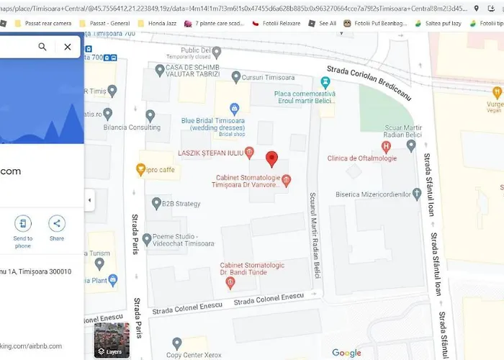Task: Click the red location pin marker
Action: pos(271,158)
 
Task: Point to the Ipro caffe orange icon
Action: pos(141,170)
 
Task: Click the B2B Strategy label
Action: pos(181,204)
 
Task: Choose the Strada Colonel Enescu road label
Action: pos(269,298)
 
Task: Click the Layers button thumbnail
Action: pos(112,340)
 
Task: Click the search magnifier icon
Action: pos(42,47)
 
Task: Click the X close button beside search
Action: pos(67,47)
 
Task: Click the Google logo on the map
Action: pos(346,353)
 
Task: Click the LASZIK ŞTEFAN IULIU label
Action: pos(210,153)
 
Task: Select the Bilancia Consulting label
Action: pos(132,127)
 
